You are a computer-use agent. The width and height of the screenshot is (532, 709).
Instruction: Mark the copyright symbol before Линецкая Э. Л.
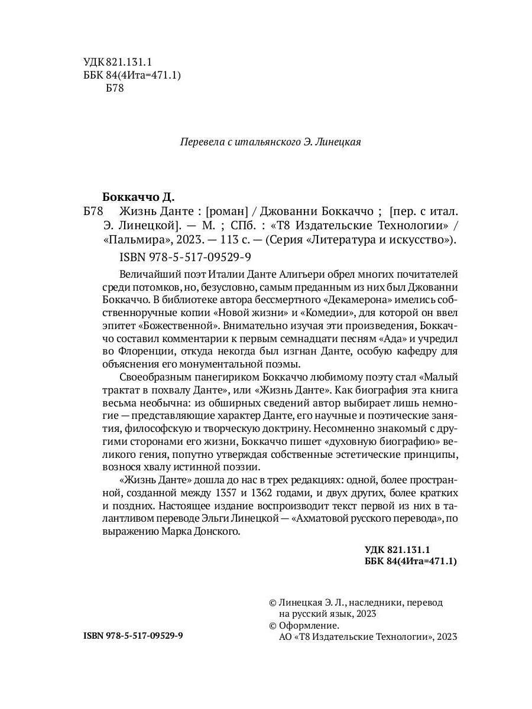[273, 603]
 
